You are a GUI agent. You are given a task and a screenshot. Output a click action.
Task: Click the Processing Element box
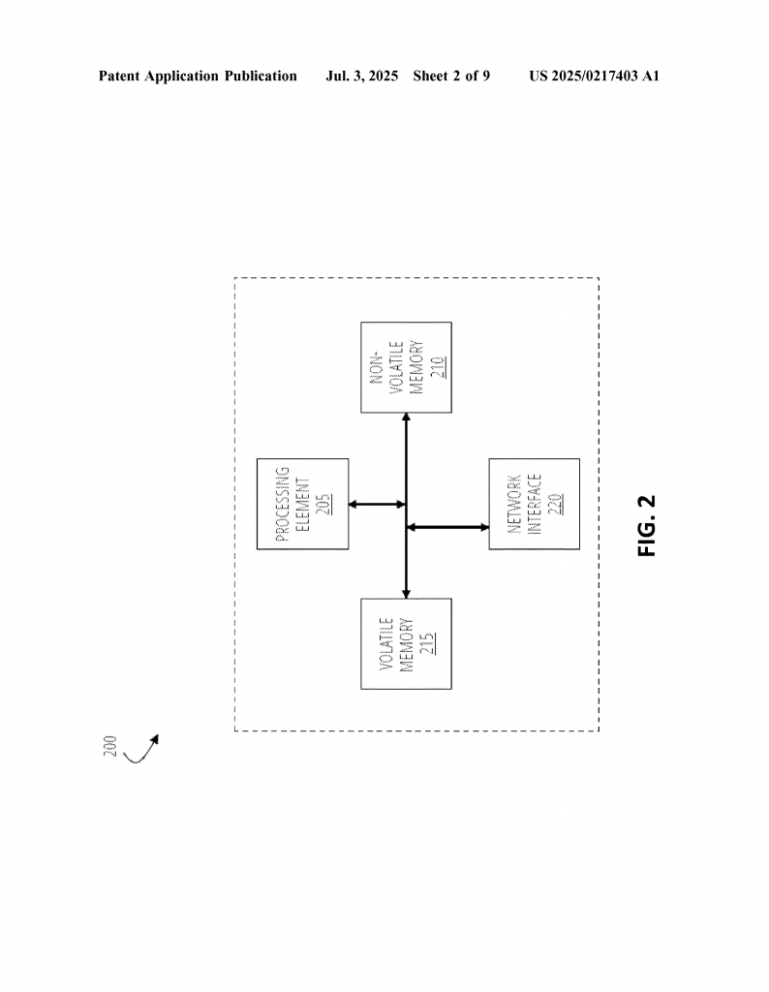click(x=302, y=504)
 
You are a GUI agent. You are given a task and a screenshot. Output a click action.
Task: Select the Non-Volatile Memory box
click(x=406, y=367)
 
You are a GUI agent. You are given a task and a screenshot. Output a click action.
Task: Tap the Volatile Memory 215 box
click(x=406, y=643)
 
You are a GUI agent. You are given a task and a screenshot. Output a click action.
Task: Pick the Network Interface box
click(x=534, y=504)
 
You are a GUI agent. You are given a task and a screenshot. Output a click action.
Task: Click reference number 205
click(x=323, y=504)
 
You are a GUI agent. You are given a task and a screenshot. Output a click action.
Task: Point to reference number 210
click(x=438, y=367)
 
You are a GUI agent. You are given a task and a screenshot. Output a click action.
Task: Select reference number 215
click(x=427, y=643)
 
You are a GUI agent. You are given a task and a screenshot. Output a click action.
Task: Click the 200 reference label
click(x=110, y=746)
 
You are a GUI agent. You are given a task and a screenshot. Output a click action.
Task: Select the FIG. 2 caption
click(x=647, y=526)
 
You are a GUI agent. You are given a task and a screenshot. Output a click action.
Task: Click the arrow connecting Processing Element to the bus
click(x=377, y=504)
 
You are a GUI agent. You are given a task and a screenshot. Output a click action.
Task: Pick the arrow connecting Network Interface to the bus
click(x=447, y=527)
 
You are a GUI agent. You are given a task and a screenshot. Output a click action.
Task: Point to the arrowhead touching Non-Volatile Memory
click(x=406, y=418)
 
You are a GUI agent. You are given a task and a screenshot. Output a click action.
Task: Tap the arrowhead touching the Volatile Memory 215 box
click(x=406, y=594)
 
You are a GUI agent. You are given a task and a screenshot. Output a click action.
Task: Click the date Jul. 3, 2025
click(x=361, y=77)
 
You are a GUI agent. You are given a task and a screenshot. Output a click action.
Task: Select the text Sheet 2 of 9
click(x=451, y=77)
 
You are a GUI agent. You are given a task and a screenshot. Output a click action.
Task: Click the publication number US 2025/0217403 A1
click(x=595, y=77)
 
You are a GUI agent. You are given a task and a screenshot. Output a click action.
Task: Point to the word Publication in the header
click(x=261, y=77)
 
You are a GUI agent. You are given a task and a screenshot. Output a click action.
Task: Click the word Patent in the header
click(x=119, y=77)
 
